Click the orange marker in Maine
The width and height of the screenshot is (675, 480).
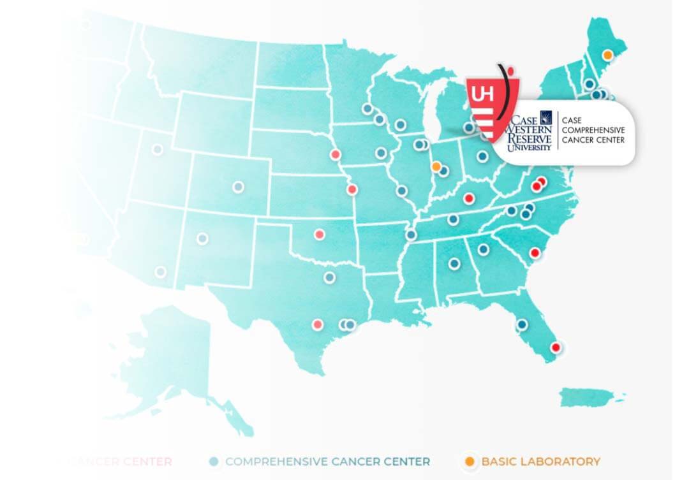point(607,55)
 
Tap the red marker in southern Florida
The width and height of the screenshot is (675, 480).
point(556,347)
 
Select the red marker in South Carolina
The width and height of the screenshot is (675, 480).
point(535,253)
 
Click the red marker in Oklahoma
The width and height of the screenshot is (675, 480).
point(319,234)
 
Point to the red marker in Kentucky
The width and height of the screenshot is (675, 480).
point(468,198)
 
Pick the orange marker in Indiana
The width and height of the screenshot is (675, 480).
point(436,166)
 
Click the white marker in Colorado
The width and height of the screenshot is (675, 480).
point(238,187)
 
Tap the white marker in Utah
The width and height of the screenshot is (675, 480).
point(157,150)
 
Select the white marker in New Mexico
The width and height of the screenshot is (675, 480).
point(202,238)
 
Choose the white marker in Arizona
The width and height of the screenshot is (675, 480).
point(160,272)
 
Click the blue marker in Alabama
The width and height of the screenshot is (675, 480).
point(454,263)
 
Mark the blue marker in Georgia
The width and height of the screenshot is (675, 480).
point(484,249)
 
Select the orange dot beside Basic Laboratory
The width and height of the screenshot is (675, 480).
point(470,461)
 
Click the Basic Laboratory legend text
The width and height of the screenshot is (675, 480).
point(540,461)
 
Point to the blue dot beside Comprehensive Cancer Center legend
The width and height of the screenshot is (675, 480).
point(214,461)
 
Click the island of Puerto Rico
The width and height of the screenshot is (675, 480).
point(585,395)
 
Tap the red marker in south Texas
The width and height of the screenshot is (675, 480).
point(318,324)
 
